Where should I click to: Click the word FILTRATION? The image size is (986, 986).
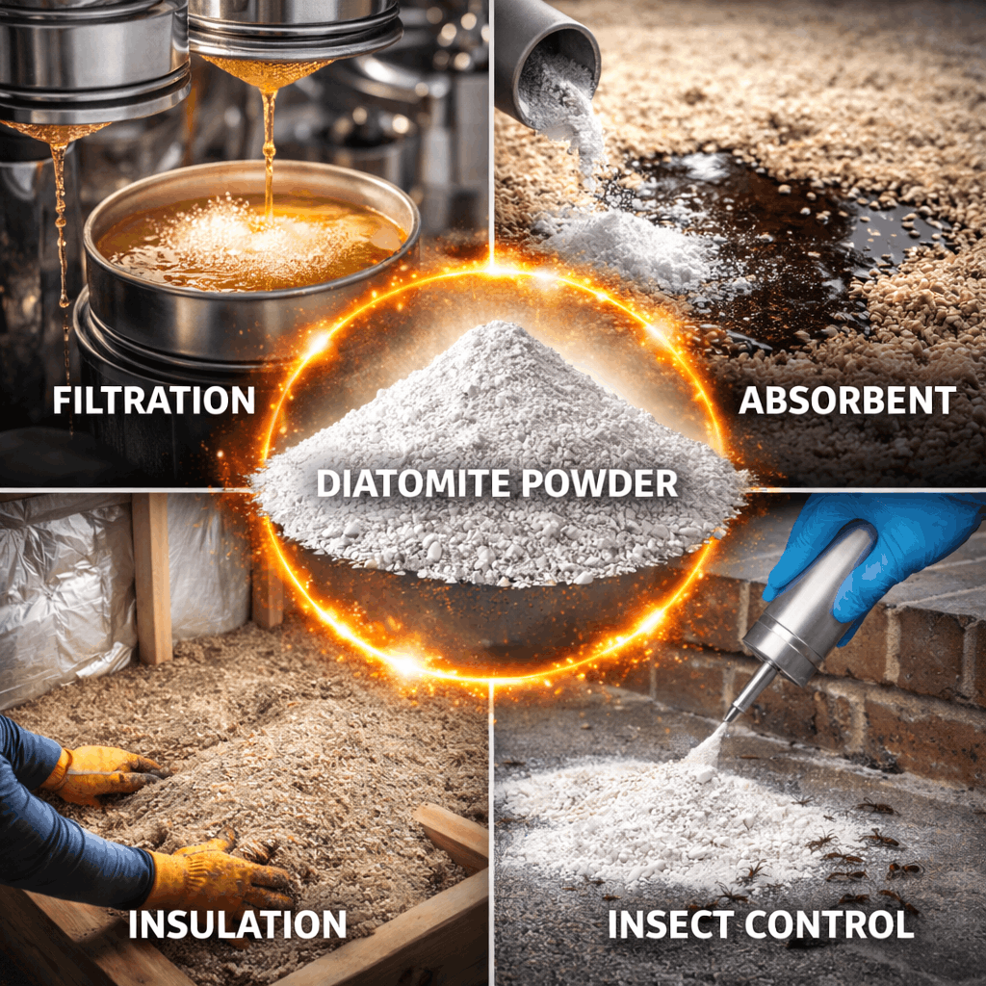pyautogui.click(x=154, y=400)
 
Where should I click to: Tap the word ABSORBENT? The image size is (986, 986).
pyautogui.click(x=847, y=401)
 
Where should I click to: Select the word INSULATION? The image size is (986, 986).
pyautogui.click(x=237, y=924)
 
